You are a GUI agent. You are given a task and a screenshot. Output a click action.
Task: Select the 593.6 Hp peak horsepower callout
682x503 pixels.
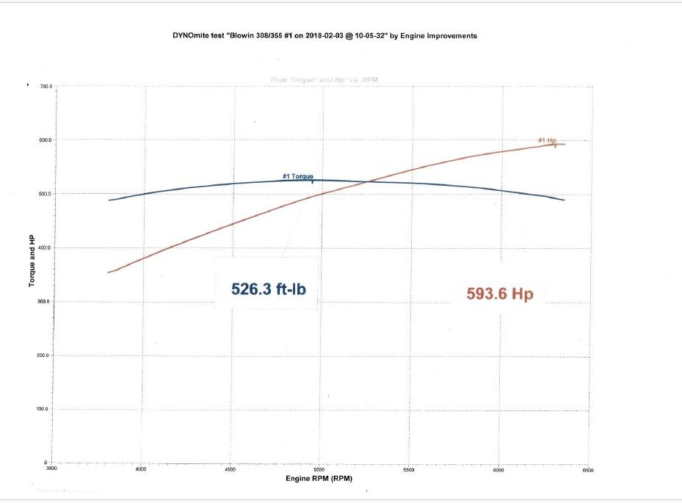click(499, 294)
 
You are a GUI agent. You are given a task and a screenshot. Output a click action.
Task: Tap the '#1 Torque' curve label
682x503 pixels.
click(298, 176)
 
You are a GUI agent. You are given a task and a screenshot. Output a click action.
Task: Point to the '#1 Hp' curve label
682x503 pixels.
click(547, 140)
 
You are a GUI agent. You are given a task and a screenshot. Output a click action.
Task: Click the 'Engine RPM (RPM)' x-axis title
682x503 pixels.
click(318, 479)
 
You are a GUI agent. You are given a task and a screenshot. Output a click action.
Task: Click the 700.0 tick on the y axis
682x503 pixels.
click(46, 87)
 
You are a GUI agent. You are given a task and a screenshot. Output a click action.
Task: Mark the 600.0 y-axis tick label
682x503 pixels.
click(46, 140)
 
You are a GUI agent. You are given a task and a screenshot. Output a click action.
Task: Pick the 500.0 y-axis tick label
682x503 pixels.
click(46, 194)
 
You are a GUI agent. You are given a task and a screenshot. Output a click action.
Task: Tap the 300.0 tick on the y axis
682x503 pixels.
click(46, 302)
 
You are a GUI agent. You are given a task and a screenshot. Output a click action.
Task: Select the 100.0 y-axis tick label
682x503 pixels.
click(46, 409)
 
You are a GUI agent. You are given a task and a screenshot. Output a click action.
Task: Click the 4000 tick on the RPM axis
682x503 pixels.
click(141, 468)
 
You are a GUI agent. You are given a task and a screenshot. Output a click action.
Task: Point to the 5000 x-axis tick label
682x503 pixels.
click(319, 468)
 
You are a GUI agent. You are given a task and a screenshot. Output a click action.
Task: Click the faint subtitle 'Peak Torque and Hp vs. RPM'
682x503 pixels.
click(324, 79)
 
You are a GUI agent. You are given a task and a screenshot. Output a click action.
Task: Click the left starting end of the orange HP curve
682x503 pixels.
click(109, 272)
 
